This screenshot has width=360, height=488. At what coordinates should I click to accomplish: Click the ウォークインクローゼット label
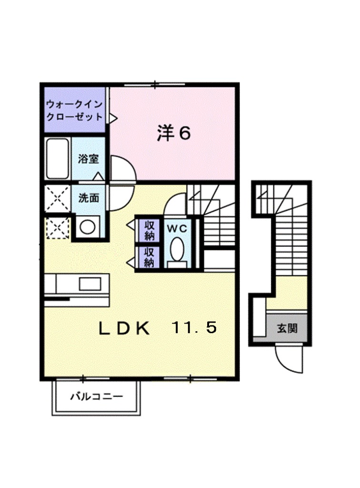click(x=74, y=110)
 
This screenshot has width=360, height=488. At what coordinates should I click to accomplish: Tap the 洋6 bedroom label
click(x=174, y=133)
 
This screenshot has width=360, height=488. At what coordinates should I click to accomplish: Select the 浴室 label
click(x=88, y=159)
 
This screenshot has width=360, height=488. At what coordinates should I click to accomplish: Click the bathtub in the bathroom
click(x=58, y=159)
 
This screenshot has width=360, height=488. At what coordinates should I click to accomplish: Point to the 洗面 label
click(x=89, y=197)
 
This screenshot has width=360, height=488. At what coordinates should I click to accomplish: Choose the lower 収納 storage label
click(x=149, y=257)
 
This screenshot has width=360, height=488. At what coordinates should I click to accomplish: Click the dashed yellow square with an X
click(x=57, y=228)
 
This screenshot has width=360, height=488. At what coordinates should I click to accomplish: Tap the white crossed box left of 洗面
click(x=57, y=197)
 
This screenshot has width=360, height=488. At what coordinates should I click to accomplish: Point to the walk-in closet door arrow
click(x=113, y=116)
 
